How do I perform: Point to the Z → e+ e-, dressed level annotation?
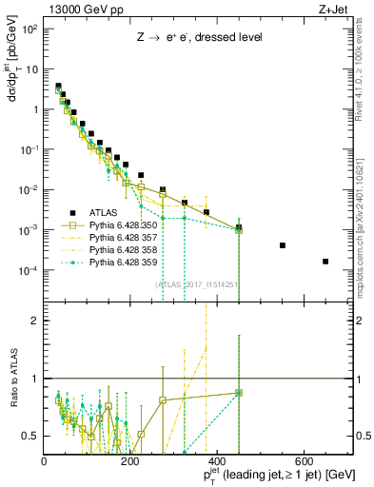pyautogui.click(x=198, y=39)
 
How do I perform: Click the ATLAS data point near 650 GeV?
pyautogui.click(x=325, y=262)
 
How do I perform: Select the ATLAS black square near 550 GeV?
pyautogui.click(x=283, y=245)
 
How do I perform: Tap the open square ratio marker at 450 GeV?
pyautogui.click(x=239, y=392)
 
